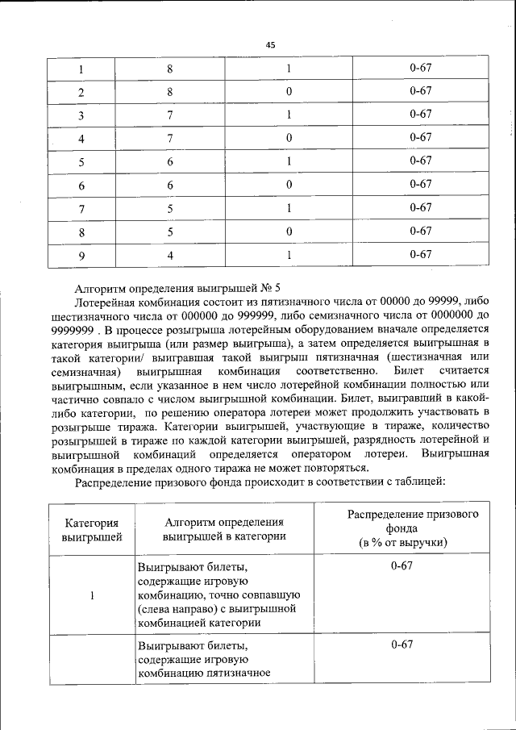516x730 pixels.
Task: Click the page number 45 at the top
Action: [270, 45]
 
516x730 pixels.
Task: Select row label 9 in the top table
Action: [81, 256]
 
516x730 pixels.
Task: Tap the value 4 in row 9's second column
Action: [170, 256]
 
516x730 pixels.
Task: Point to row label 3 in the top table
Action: [81, 115]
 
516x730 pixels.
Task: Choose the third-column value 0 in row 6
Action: [288, 186]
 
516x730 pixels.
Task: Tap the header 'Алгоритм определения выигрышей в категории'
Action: [224, 528]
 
